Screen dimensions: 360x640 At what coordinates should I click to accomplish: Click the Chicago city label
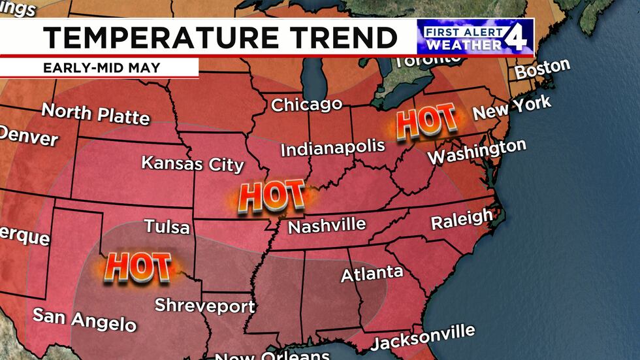pyautogui.click(x=306, y=105)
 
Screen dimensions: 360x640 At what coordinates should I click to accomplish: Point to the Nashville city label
pyautogui.click(x=327, y=226)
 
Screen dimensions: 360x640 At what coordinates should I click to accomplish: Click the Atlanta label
pyautogui.click(x=372, y=273)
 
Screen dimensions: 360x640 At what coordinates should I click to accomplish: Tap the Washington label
pyautogui.click(x=476, y=152)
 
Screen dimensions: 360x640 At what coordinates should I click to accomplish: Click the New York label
pyautogui.click(x=512, y=108)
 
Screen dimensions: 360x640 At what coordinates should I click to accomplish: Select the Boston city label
pyautogui.click(x=542, y=68)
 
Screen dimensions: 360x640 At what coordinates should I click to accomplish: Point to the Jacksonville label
pyautogui.click(x=423, y=337)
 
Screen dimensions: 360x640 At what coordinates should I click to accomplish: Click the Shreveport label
pyautogui.click(x=204, y=305)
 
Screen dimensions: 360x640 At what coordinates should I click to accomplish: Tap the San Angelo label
pyautogui.click(x=84, y=319)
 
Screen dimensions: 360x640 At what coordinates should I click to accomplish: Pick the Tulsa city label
pyautogui.click(x=167, y=227)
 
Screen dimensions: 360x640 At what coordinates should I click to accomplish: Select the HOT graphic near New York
pyautogui.click(x=426, y=122)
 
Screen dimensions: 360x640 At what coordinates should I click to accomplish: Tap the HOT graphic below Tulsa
pyautogui.click(x=137, y=267)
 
